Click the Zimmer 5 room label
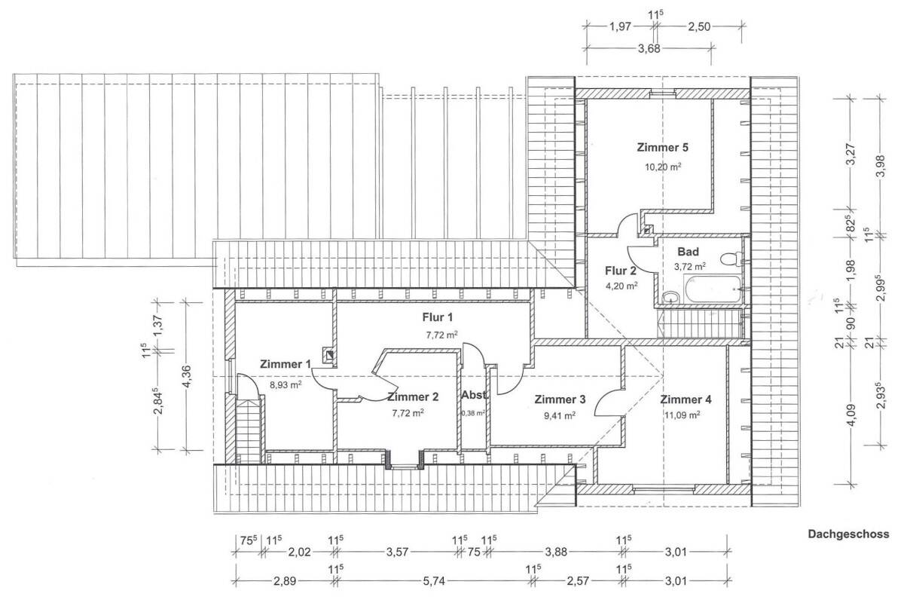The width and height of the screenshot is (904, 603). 662,148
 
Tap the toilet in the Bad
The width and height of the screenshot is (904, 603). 731,259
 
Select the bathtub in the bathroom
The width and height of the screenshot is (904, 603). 713,289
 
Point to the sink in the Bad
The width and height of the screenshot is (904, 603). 671,297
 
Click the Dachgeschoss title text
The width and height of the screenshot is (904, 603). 848,534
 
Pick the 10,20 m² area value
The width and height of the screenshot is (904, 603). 663,167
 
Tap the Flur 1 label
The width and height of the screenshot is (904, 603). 438,317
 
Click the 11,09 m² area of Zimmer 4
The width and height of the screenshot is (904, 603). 682,415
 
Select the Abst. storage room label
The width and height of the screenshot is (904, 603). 475,395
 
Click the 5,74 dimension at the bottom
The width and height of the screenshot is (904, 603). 433,581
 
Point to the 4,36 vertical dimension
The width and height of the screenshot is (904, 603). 187,376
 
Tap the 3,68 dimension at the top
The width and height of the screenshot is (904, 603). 649,49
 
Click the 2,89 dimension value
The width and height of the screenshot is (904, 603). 285,581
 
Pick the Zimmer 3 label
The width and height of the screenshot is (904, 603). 560,399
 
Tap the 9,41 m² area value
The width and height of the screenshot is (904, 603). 559,415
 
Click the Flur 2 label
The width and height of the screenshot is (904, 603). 620,271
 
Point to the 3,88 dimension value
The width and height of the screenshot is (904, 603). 556,552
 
